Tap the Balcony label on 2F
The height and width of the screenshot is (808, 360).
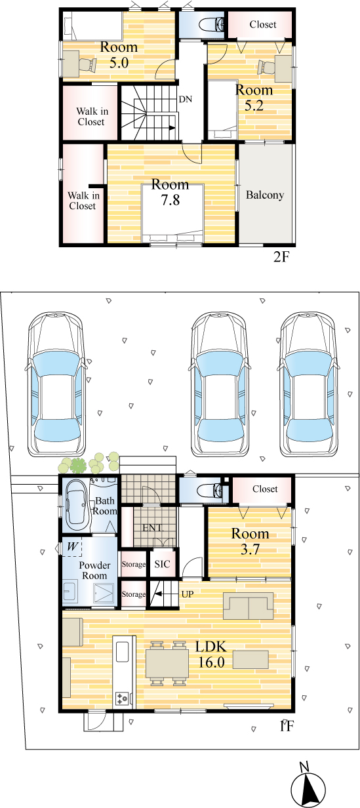[265, 195]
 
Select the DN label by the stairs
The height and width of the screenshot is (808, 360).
[186, 99]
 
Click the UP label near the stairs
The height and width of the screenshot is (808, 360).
[188, 594]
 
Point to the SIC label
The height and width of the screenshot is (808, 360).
[162, 564]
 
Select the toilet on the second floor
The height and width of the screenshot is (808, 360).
[212, 24]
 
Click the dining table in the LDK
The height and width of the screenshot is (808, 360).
[167, 664]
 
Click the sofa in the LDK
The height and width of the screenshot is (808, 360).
[248, 605]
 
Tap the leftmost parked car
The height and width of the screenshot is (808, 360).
[56, 385]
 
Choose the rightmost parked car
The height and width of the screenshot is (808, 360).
[310, 385]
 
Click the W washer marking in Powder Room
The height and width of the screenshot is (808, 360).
[72, 547]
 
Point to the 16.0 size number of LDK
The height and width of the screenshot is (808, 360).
[212, 662]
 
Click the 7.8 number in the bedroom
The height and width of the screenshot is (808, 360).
[170, 200]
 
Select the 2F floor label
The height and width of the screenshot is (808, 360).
[281, 257]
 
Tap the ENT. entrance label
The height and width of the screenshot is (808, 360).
[153, 528]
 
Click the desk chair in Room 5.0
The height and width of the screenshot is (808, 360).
[87, 66]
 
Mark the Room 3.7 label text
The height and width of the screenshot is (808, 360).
[250, 541]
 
